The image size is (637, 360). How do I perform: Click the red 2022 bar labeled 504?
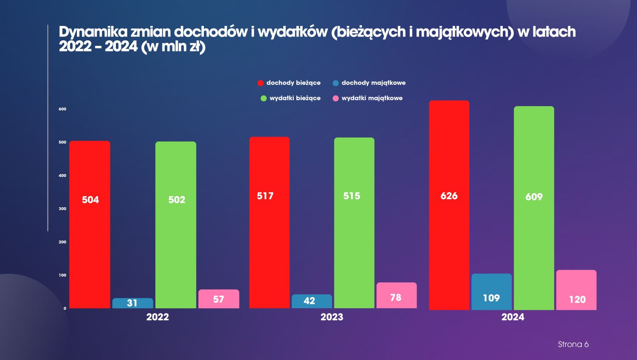pos(90,224)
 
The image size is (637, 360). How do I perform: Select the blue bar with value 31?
pos(132,303)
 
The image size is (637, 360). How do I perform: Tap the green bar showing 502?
pos(176,225)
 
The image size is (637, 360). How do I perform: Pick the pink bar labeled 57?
pos(219,299)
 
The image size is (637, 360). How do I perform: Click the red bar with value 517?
pos(270,222)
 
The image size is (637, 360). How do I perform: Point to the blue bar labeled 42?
pos(312,301)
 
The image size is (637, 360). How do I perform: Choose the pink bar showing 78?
pos(397,295)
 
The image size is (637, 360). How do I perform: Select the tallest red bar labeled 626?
pos(449,205)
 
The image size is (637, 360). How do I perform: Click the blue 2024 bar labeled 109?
pos(491,292)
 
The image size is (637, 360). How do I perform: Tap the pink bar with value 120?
pos(576,290)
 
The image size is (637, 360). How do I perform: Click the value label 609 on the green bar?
pos(534,197)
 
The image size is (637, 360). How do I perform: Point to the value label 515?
pos(352,196)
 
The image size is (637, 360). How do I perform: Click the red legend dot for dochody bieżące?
pos(260,83)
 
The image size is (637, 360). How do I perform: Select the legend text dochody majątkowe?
pos(373,83)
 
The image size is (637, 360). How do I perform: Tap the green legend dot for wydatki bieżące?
pos(264,98)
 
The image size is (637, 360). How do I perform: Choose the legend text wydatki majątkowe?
pos(372,98)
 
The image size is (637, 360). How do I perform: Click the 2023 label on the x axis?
pos(332,317)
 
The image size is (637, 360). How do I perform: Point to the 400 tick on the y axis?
pos(62,175)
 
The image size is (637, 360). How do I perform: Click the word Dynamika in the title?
pos(93,32)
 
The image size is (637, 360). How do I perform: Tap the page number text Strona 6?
pos(573,344)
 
